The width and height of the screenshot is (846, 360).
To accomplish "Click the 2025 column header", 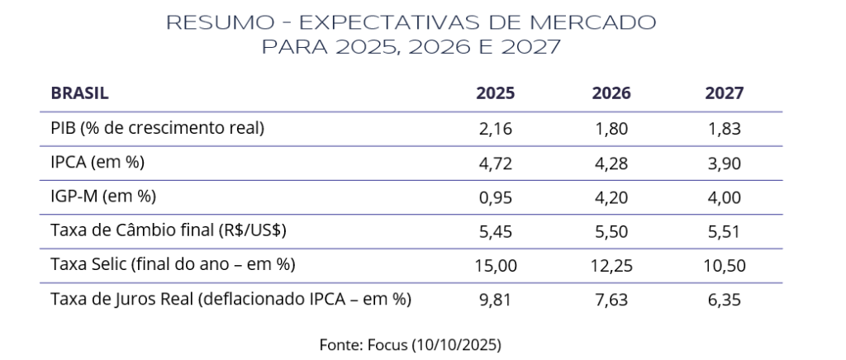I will pyautogui.click(x=495, y=93).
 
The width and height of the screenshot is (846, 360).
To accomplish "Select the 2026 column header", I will pyautogui.click(x=611, y=93).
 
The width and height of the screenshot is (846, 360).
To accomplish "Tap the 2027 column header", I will pyautogui.click(x=725, y=93).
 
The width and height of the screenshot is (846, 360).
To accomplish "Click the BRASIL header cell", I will pyautogui.click(x=80, y=93).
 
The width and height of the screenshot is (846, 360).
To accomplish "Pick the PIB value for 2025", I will pyautogui.click(x=495, y=128).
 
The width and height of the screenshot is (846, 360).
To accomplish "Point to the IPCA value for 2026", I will pyautogui.click(x=611, y=163).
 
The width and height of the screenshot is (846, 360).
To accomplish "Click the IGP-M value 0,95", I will pyautogui.click(x=495, y=197).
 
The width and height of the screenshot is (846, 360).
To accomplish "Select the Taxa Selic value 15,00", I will pyautogui.click(x=495, y=265).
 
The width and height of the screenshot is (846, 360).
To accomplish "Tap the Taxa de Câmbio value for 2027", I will pyautogui.click(x=725, y=231).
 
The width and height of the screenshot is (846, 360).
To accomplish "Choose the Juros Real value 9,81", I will pyautogui.click(x=495, y=300).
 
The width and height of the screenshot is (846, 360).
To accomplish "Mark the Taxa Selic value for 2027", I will pyautogui.click(x=725, y=265).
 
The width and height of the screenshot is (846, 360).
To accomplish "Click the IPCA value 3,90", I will pyautogui.click(x=725, y=163).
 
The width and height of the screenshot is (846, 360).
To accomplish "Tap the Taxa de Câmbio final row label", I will pyautogui.click(x=169, y=231).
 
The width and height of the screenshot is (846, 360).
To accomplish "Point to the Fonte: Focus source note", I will pyautogui.click(x=411, y=343).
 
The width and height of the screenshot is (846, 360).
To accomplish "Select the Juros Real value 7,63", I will pyautogui.click(x=611, y=300).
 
